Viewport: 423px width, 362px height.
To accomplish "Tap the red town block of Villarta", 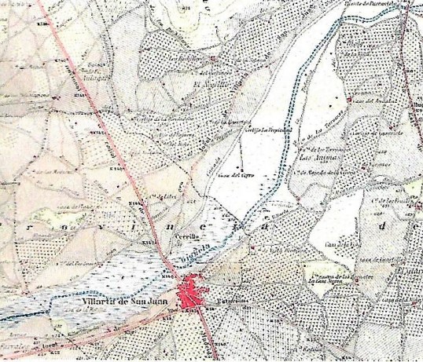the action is click(x=191, y=296).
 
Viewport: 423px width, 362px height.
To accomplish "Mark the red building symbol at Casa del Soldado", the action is click(x=349, y=100).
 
